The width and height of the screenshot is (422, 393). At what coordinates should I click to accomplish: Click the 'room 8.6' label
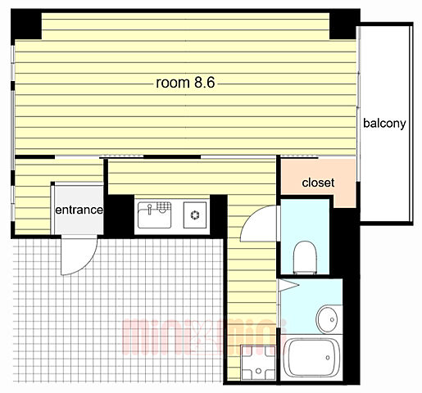[185, 83]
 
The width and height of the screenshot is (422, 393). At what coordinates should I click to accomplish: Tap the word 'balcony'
[384, 124]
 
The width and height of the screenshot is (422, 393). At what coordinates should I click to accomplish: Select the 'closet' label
[318, 183]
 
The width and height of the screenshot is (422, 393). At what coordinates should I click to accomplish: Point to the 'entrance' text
[79, 210]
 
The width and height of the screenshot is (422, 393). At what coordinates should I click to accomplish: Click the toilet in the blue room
[305, 257]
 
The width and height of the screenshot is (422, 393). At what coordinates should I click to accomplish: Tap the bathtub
[311, 358]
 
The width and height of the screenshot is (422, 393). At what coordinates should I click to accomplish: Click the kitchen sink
[155, 215]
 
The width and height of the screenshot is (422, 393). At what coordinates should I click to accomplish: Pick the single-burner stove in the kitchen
[195, 215]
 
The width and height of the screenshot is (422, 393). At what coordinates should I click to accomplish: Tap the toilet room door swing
[252, 215]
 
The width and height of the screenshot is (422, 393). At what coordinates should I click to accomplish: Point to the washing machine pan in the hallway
[258, 362]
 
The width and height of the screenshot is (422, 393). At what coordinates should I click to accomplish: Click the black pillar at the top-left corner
[26, 25]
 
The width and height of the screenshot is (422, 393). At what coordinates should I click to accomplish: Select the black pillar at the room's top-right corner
[344, 25]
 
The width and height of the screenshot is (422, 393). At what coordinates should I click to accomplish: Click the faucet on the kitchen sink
[149, 209]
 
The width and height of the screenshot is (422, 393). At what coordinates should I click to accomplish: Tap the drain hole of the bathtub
[328, 358]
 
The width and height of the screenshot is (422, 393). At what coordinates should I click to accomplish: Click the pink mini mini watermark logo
[203, 337]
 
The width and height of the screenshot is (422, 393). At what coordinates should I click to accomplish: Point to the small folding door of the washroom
[288, 285]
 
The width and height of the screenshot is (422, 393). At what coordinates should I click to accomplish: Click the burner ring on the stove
[195, 215]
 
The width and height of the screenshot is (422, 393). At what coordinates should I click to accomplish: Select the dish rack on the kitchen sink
[163, 206]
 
